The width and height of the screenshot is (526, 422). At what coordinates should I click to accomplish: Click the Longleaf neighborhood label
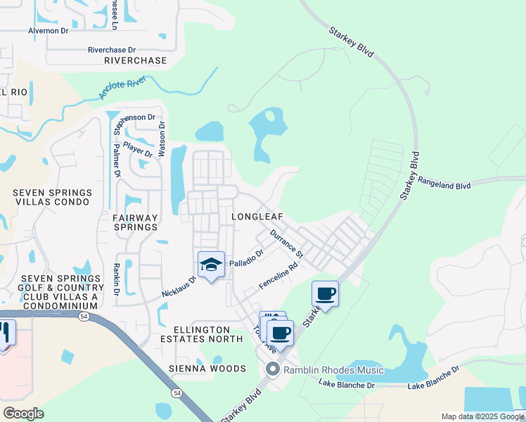point(257,217)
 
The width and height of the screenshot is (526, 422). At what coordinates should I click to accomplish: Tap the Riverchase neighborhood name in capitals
point(135,60)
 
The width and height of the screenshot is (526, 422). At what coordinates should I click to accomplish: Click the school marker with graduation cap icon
point(211,265)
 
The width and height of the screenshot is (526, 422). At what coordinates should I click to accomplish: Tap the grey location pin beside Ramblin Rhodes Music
point(272,369)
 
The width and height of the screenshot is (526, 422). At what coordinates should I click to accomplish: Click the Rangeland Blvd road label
point(444,183)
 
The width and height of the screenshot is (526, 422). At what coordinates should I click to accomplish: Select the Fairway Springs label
point(136,222)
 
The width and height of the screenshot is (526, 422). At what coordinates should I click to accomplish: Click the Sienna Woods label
point(207,369)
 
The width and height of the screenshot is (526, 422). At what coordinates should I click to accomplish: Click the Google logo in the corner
point(23,414)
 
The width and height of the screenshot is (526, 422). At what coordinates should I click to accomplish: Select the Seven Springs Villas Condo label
point(52,197)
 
